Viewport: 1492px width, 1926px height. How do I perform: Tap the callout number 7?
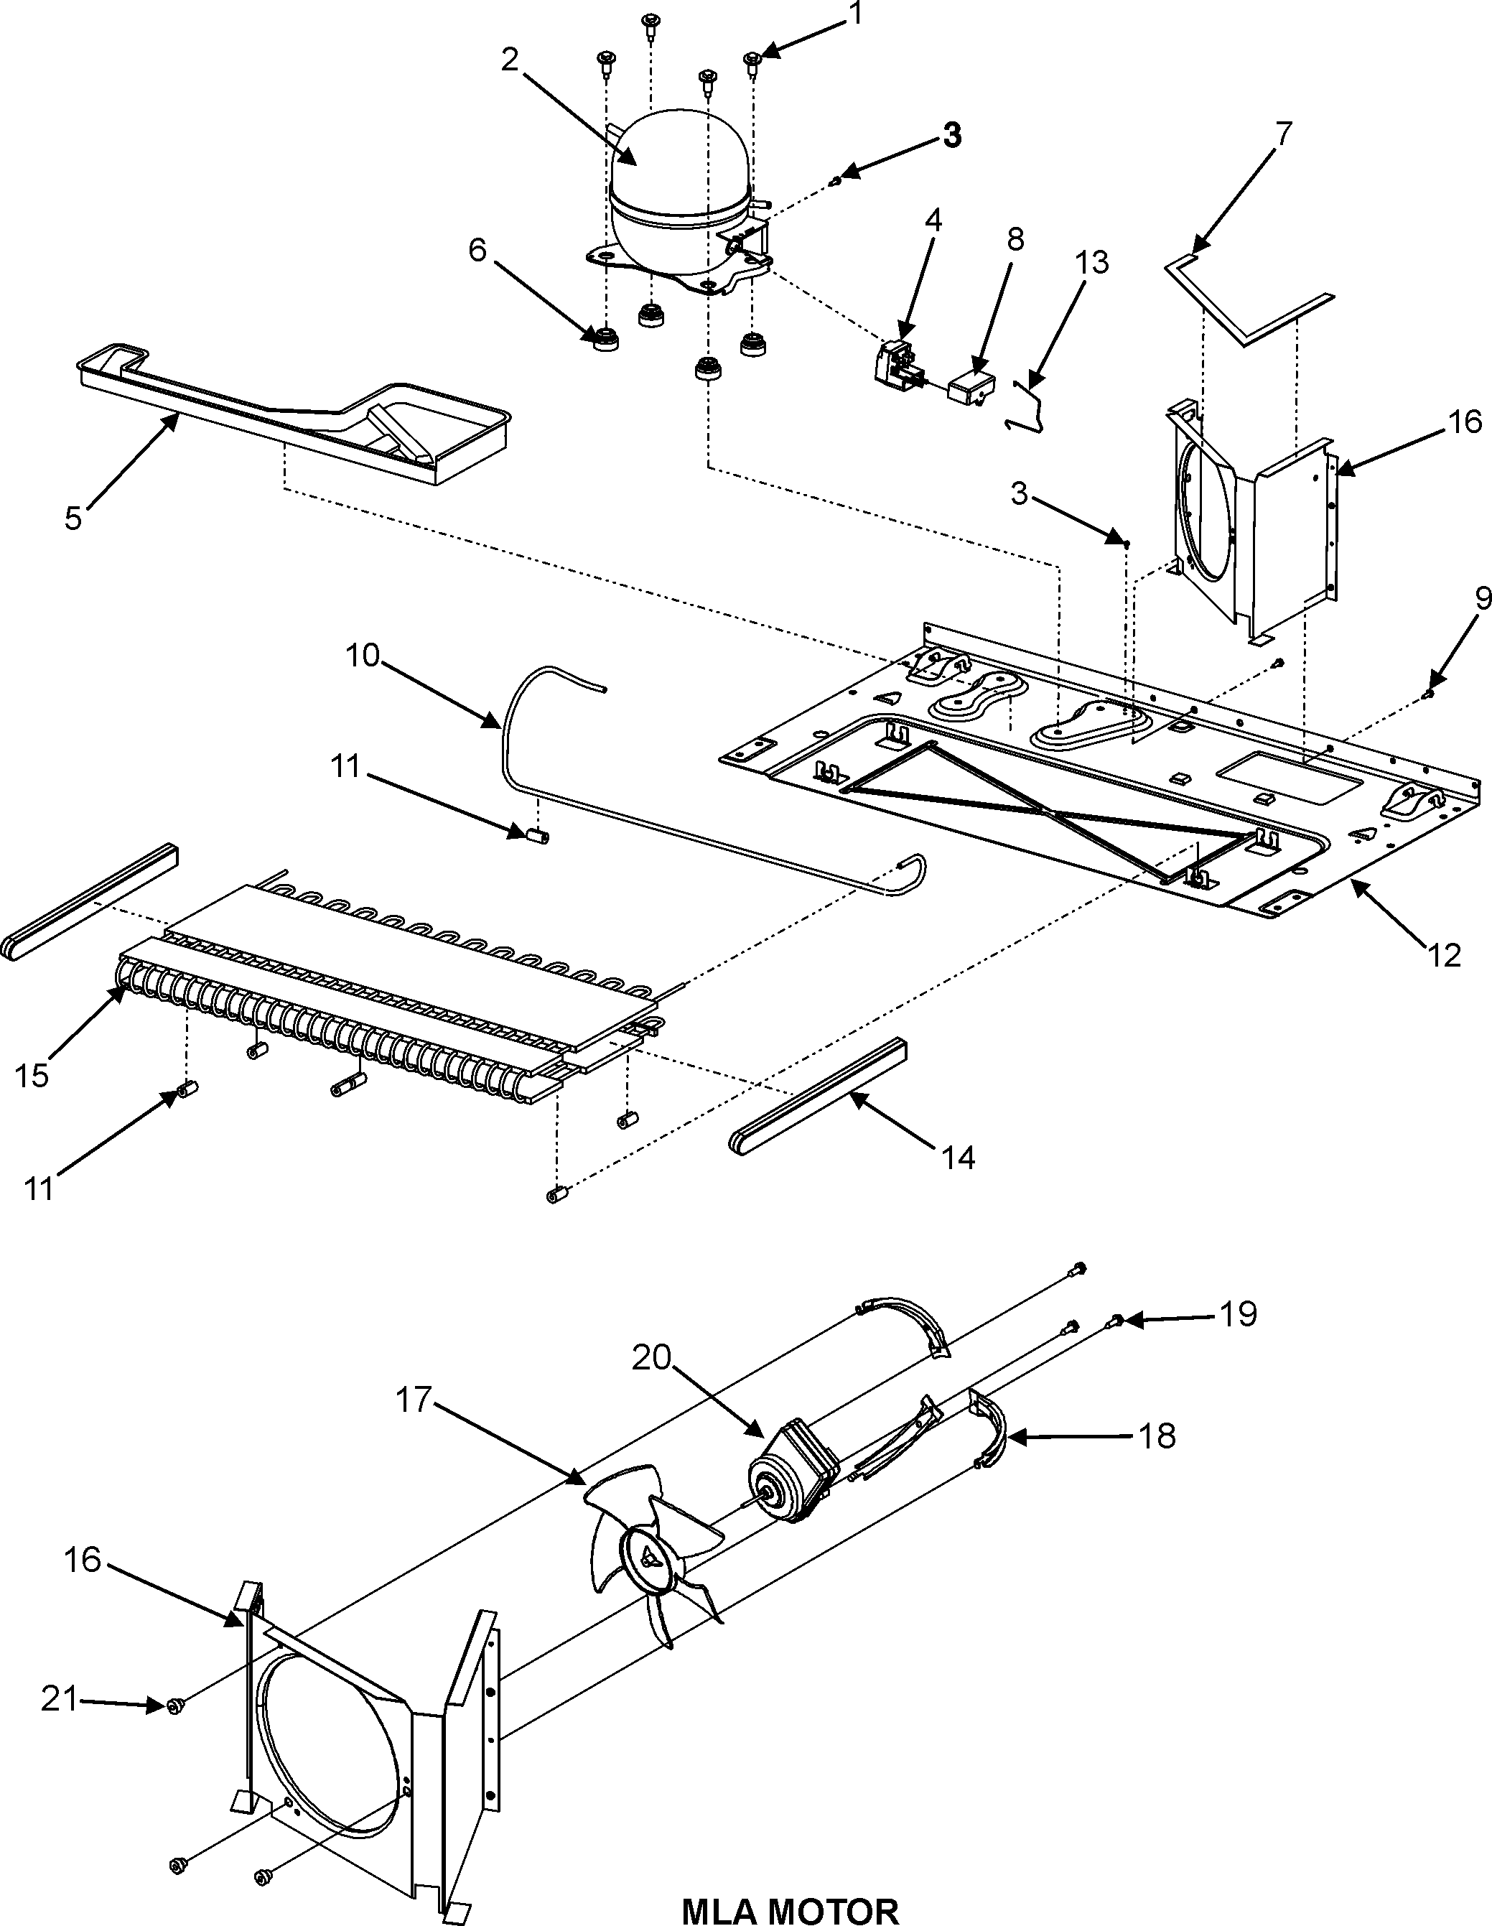tap(1283, 134)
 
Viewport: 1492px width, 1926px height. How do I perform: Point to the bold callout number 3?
tap(951, 136)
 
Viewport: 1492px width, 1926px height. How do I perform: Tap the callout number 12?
tap(1443, 954)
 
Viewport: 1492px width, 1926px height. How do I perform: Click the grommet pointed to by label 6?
tap(605, 339)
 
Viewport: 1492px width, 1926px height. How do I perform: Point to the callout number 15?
tap(32, 1076)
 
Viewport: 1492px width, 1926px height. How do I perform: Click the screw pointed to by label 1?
tap(753, 60)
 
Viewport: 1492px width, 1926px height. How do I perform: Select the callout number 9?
tap(1482, 598)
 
